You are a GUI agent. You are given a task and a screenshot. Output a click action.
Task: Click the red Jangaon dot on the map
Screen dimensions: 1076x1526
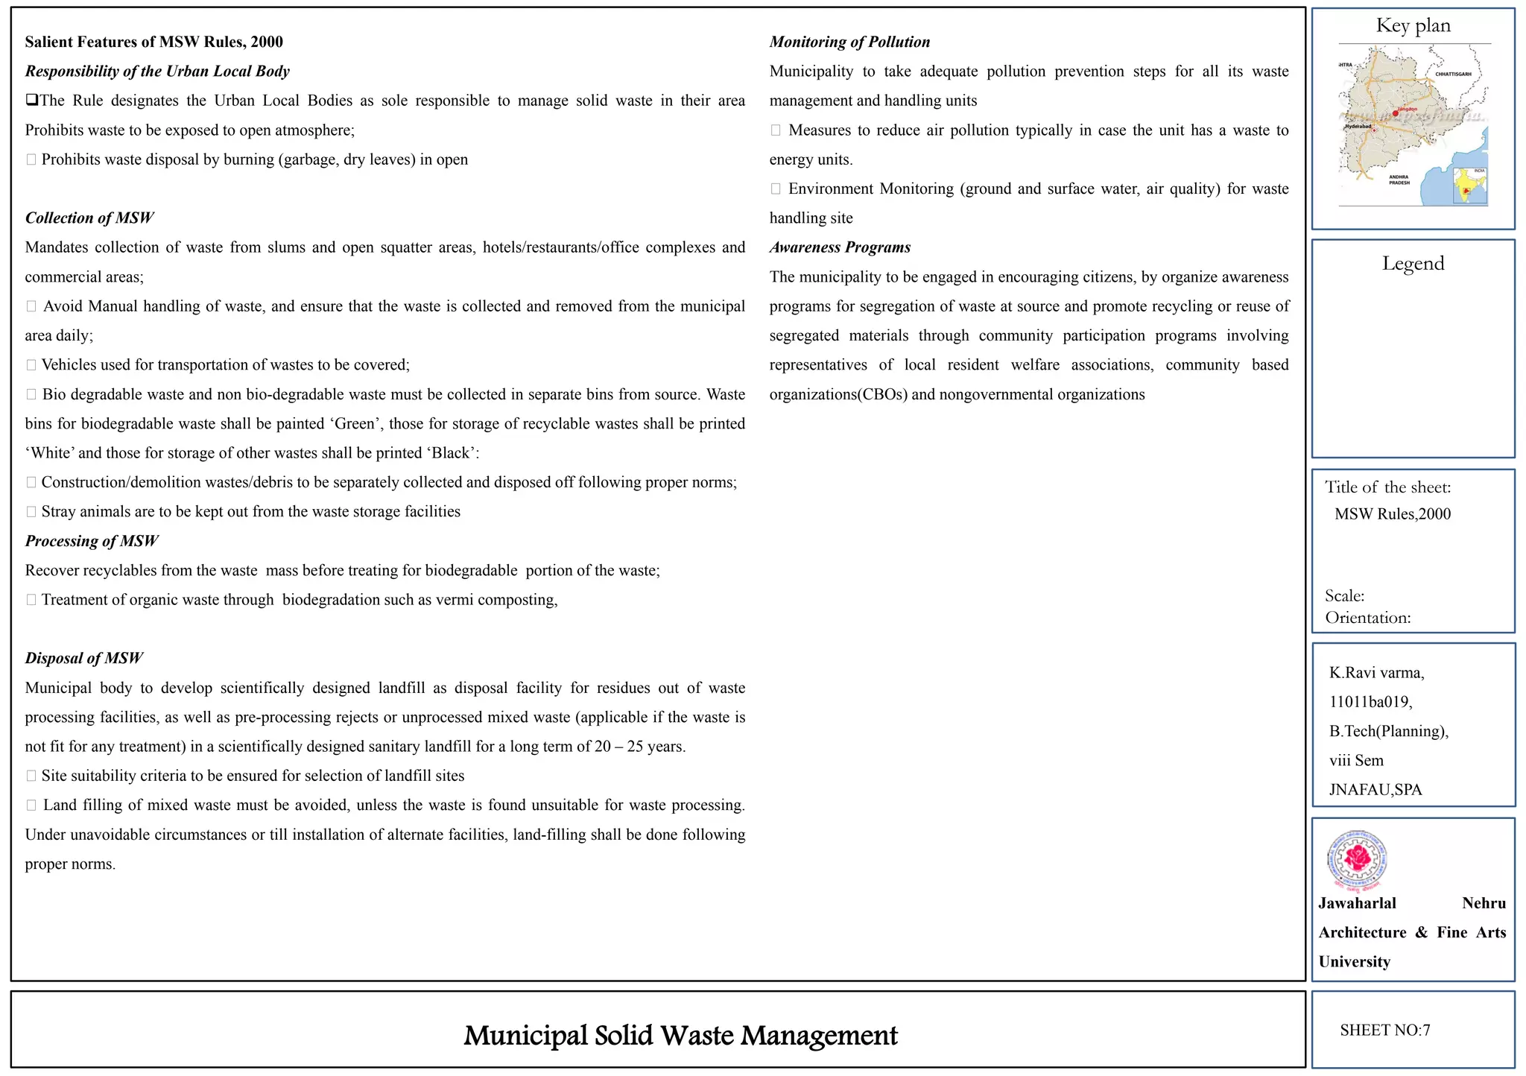coord(1396,113)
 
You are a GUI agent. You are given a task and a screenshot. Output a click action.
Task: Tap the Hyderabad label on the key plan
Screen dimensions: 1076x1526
coord(1358,127)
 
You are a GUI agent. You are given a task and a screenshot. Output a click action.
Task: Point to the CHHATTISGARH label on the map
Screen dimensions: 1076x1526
coord(1453,75)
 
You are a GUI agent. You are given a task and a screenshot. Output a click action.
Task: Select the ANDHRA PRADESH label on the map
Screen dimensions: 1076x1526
coord(1399,180)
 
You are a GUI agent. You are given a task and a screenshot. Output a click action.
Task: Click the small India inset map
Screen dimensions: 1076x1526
coord(1470,186)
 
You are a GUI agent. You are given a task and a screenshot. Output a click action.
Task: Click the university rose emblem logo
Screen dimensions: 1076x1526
coord(1357,861)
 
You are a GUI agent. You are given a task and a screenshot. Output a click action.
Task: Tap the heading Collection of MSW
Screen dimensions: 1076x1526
coord(89,218)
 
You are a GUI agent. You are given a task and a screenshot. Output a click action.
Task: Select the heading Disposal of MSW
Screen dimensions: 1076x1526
coord(83,659)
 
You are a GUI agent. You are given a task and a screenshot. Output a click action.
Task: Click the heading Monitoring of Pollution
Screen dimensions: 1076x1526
coord(849,42)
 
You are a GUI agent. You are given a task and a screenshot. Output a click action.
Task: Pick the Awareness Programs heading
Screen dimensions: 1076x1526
coord(840,247)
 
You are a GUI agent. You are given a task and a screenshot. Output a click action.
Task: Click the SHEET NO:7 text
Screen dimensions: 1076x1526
coord(1384,1031)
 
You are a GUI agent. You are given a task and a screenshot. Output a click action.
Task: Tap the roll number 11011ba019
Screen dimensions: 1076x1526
coord(1370,702)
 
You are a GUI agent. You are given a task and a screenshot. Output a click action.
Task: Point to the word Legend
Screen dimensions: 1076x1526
coord(1413,264)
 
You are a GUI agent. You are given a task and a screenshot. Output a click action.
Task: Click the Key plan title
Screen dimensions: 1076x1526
coord(1413,26)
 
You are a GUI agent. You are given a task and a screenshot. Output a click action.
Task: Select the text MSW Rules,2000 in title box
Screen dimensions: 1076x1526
coord(1393,514)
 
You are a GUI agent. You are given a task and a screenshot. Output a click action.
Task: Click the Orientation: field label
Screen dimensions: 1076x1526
coord(1367,618)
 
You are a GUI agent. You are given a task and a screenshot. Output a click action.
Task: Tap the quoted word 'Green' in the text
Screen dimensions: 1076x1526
coord(355,424)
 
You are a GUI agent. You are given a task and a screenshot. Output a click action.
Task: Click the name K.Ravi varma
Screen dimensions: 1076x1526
coord(1376,673)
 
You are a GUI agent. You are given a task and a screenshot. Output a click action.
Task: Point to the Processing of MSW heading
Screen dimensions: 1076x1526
coord(92,542)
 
